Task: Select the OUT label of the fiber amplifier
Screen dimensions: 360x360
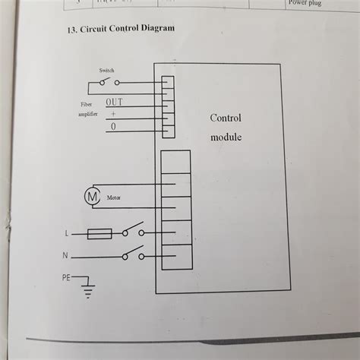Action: click(115, 101)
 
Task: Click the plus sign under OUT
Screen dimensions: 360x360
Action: click(113, 113)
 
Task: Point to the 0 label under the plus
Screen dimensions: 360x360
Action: click(113, 127)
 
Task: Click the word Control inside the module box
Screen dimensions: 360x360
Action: click(226, 118)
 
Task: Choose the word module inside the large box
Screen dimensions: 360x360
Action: click(226, 138)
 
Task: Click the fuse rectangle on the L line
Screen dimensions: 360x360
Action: click(99, 233)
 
